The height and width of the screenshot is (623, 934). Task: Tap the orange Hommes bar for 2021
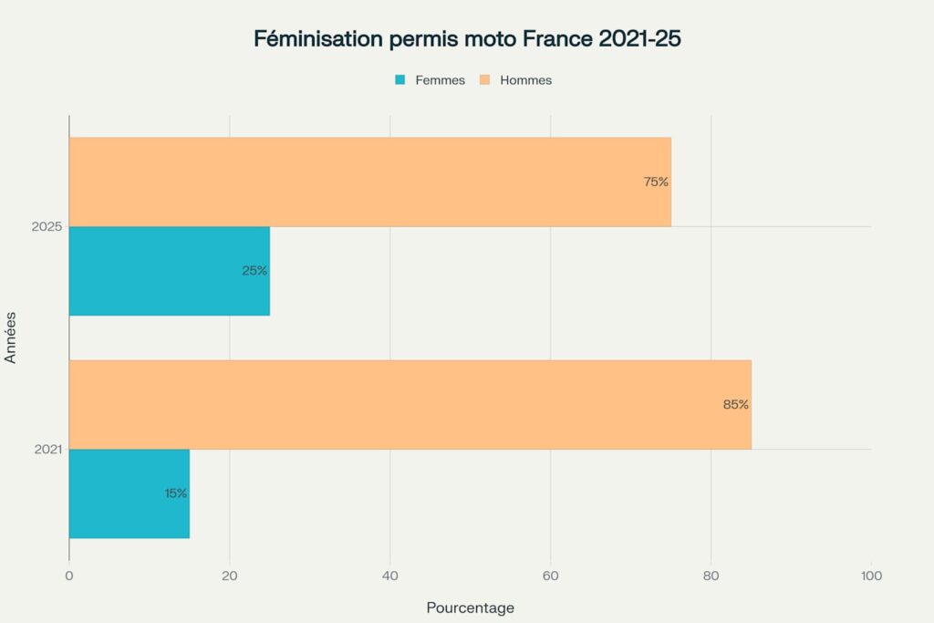coord(410,404)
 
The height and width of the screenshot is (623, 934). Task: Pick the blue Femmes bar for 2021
coord(129,493)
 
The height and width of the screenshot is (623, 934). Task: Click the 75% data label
coord(656,182)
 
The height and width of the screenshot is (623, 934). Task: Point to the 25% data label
coord(254,271)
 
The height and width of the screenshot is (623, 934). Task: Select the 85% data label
coord(736,404)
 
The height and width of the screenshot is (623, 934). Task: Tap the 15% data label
coord(176,493)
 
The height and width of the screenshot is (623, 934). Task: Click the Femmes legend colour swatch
coord(400,80)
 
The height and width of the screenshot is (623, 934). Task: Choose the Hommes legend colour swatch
coord(485,80)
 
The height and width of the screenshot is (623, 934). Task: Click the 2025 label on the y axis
coord(46,226)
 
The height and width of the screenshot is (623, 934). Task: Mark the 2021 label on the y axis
coord(46,449)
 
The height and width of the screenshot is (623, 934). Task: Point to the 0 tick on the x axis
coord(69,576)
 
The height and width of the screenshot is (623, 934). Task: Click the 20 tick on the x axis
coord(230,576)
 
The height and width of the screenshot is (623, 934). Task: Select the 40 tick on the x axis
coord(390,576)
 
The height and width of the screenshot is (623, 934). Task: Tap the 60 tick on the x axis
coord(550,576)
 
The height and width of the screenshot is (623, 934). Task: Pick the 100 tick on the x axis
coord(871,576)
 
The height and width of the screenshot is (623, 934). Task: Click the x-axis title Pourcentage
coord(470,607)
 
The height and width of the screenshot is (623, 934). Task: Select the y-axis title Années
coord(11,337)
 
